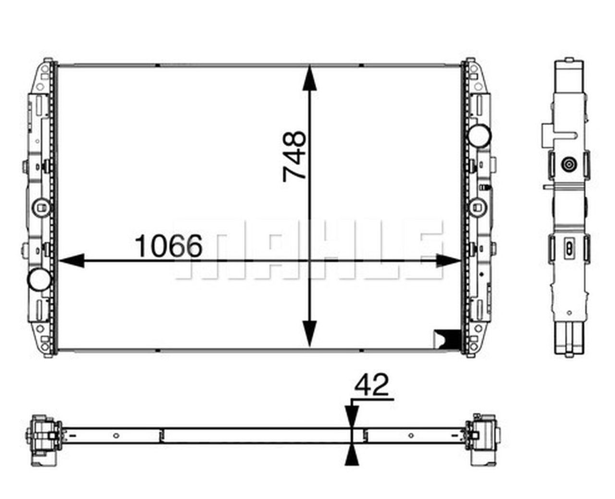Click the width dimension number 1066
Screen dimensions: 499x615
169,246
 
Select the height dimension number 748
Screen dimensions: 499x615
294,156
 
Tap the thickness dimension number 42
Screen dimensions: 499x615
371,385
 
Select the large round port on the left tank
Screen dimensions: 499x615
39,279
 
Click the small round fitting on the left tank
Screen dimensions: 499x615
41,207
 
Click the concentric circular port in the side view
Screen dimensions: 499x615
569,164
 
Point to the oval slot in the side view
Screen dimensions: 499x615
569,247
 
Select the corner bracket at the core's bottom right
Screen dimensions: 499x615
446,337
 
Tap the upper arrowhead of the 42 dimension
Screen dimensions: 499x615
352,415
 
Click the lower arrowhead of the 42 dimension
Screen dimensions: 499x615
352,454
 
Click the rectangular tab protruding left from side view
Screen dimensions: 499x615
547,135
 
